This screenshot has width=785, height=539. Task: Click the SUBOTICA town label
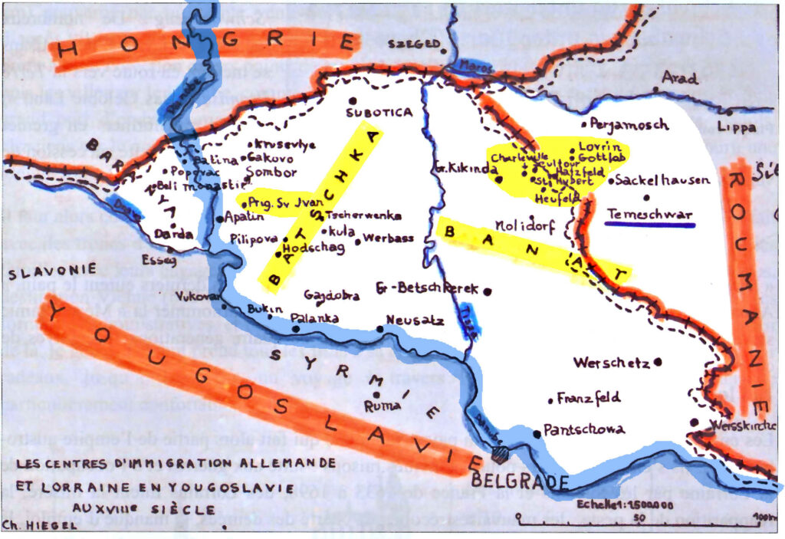379,113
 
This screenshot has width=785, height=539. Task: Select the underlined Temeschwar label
649,214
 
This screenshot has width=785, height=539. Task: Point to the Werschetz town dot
658,363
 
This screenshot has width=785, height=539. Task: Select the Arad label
679,79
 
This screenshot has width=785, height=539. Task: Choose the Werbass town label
389,238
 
